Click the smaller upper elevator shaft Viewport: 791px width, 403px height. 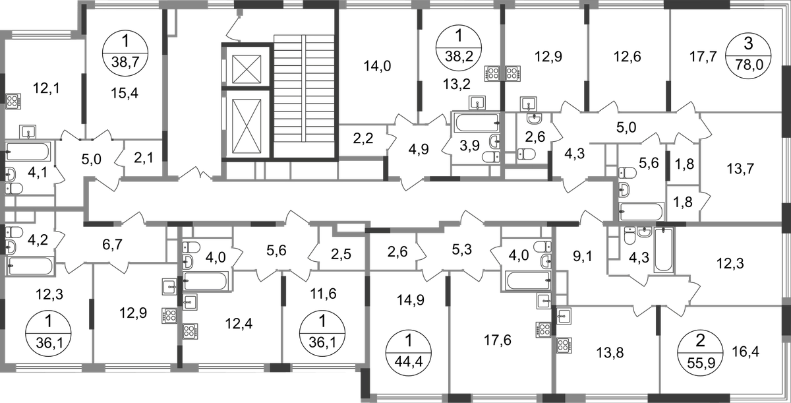tap(245, 68)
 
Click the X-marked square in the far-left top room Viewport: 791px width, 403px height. tap(15, 101)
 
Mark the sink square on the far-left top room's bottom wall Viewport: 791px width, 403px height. tap(27, 131)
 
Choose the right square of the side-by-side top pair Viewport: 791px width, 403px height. tap(513, 73)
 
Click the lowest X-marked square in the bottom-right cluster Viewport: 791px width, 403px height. tap(565, 345)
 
